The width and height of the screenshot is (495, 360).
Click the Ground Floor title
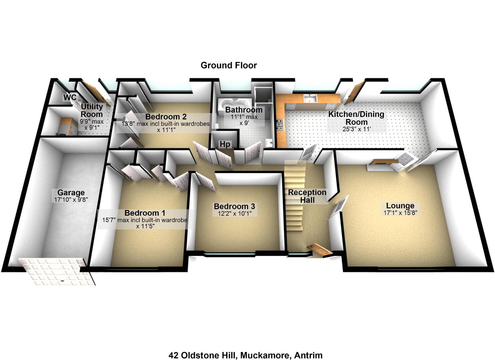[229, 65]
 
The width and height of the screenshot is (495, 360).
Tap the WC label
[70, 97]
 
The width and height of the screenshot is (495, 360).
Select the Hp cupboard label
[225, 144]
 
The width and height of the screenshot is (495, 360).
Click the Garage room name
[71, 193]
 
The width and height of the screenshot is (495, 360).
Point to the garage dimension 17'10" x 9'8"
[71, 200]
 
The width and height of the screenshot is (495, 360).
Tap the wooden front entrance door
[320, 250]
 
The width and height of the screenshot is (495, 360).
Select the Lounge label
[400, 206]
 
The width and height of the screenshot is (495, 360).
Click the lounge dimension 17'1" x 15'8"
[400, 213]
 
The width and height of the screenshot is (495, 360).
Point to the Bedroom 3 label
[234, 206]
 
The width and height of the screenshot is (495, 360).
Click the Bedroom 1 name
[145, 213]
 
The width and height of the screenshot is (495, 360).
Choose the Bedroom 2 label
[166, 117]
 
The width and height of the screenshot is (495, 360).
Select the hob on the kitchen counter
[279, 125]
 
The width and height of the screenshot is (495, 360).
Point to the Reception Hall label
[307, 196]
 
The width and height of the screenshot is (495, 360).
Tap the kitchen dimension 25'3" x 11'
[357, 129]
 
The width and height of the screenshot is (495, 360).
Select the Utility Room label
[92, 110]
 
